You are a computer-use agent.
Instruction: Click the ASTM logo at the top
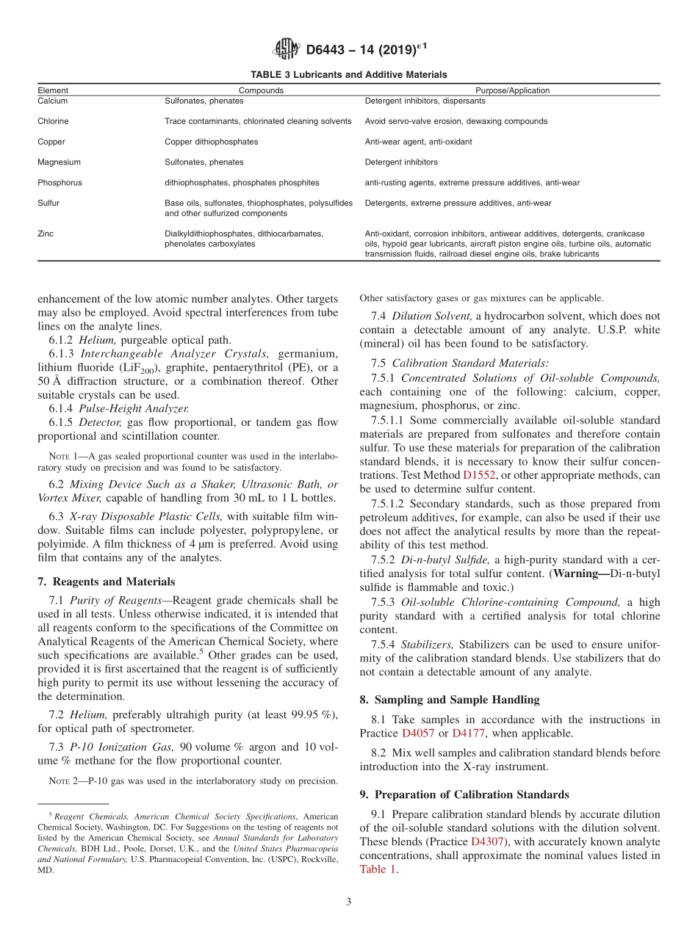click(x=287, y=49)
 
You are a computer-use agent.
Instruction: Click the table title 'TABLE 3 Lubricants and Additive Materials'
click(x=349, y=75)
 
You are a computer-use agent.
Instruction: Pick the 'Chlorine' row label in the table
click(x=53, y=121)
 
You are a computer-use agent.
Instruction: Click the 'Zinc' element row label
click(x=46, y=233)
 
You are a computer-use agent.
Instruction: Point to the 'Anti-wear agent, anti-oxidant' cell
click(x=418, y=142)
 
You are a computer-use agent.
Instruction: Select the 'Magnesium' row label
click(x=59, y=162)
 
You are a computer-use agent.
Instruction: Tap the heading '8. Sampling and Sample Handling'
click(x=450, y=700)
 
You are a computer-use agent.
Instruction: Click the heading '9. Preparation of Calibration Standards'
click(x=464, y=794)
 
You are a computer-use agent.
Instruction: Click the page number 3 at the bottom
click(x=348, y=902)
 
